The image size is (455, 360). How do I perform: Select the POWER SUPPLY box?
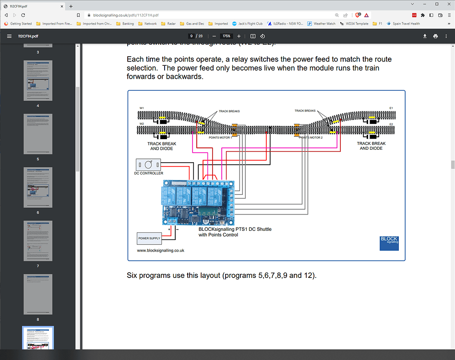point(149,238)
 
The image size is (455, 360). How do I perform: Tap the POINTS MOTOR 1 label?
point(220,137)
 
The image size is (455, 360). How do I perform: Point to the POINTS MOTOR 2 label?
point(311,137)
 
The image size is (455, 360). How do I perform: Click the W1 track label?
point(142,108)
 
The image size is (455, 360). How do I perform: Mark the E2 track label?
point(391,124)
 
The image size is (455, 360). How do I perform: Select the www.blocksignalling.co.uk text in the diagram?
point(160,251)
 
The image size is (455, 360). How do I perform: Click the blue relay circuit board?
point(198,202)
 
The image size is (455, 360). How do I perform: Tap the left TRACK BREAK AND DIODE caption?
point(161,146)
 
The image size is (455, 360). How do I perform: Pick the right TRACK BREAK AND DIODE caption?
point(371,146)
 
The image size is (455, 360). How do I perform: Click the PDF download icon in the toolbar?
point(425,36)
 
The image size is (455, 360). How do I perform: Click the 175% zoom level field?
point(227,36)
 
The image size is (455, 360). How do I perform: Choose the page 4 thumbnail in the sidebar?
point(38,81)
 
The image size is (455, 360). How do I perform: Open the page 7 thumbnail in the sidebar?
point(38,241)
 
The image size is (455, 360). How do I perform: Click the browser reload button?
point(23,15)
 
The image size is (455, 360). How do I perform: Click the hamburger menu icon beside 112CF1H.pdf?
point(9,36)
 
